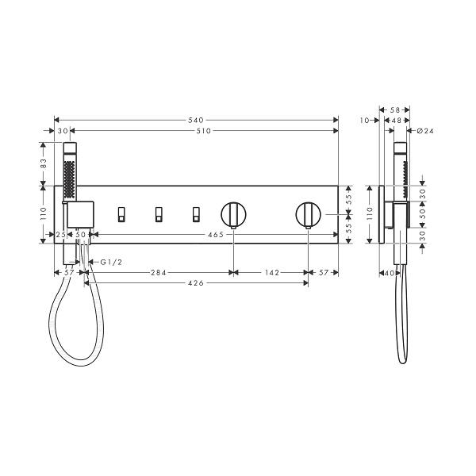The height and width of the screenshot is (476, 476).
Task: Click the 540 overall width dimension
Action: coord(196,121)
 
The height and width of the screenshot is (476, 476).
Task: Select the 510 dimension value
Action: coord(203,131)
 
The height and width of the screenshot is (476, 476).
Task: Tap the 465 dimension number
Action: coord(216,234)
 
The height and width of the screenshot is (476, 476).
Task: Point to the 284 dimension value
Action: coord(159,273)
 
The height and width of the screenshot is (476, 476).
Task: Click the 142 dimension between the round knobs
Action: coord(272,273)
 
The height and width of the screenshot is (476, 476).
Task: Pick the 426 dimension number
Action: coord(196,283)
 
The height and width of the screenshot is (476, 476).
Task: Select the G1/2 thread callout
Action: coord(111,262)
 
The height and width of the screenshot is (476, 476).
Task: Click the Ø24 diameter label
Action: coord(425,131)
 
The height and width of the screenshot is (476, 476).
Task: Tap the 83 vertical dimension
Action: coord(44,163)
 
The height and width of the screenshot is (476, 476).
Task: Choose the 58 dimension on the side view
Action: coord(396,109)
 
